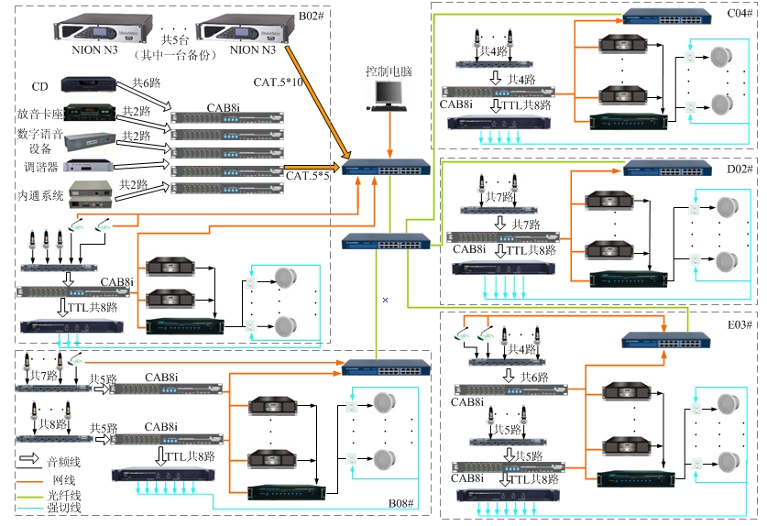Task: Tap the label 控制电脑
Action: pos(389,71)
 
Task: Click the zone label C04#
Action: pos(739,14)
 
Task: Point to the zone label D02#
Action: pos(739,169)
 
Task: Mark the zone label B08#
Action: pos(401,504)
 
